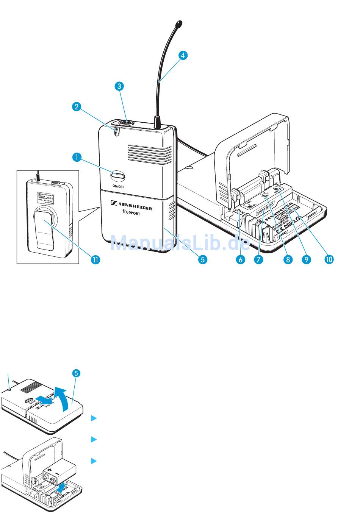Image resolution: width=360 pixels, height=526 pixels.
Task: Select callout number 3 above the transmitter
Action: click(119, 86)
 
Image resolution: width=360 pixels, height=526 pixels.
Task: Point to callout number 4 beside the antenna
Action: click(182, 55)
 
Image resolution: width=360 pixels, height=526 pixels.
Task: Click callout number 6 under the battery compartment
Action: click(239, 259)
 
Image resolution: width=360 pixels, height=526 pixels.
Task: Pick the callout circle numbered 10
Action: click(329, 259)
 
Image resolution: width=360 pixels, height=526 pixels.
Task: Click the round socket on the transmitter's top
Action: click(124, 123)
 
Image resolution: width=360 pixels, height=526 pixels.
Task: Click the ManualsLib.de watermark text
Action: click(180, 242)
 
